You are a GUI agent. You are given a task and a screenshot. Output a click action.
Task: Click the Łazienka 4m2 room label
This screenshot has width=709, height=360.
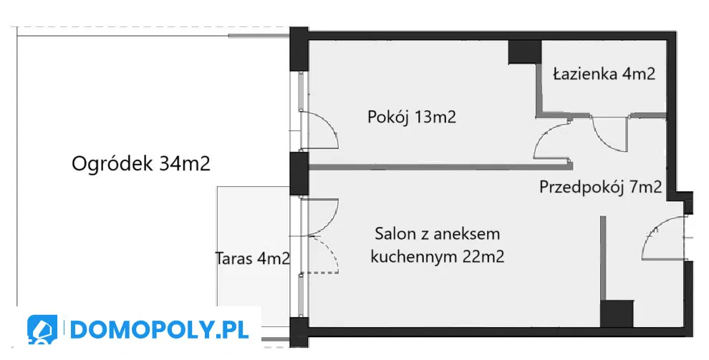pos(604,73)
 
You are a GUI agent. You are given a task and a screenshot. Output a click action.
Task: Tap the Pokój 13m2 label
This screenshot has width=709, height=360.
pos(412,117)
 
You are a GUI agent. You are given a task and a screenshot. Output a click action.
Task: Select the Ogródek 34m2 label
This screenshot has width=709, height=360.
pos(141,163)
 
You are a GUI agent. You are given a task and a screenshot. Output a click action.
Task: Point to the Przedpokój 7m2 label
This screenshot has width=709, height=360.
pos(600,187)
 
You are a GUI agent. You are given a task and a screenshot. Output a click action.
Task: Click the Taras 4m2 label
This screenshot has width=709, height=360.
pos(252,258)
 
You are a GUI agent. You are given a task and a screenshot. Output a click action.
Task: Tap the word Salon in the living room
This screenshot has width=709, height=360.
pos(395,234)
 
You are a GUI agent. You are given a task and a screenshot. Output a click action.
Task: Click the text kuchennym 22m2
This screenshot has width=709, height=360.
pos(438,257)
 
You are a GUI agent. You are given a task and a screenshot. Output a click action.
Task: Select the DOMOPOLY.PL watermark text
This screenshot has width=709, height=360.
pos(159,330)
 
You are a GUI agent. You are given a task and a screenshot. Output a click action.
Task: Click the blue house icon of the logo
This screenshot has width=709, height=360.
pos(42,329)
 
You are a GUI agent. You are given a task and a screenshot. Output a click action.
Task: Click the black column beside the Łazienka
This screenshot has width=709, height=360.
pos(525,52)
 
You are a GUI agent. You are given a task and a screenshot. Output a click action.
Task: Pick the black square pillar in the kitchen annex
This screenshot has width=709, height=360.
pos(617,313)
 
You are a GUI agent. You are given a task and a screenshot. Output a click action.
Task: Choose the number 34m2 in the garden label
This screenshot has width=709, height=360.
pos(185,163)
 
